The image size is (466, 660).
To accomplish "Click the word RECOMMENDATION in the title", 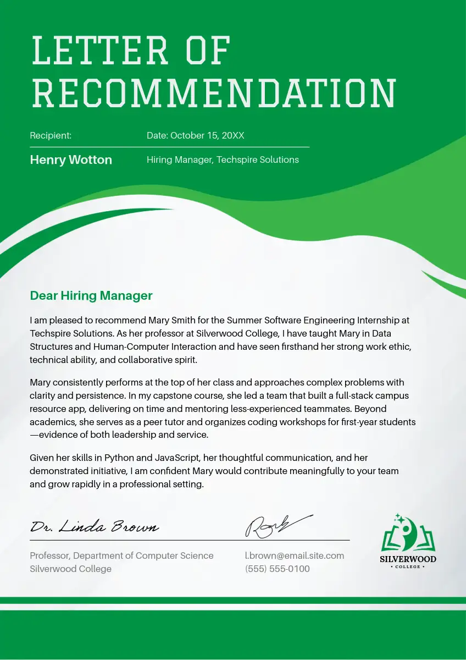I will point(214,94).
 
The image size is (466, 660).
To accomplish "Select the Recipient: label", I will point(51,135).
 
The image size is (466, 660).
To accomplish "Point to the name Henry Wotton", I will point(71,160).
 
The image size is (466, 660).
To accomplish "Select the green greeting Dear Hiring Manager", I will point(91,296).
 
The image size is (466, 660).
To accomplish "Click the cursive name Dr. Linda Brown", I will point(95,527).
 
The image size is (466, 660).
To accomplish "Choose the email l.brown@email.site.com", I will point(295,555).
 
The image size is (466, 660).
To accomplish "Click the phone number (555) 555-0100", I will point(278,569).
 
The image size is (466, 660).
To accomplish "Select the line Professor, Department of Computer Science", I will point(121,555).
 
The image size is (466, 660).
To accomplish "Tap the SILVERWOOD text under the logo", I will point(408,559).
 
